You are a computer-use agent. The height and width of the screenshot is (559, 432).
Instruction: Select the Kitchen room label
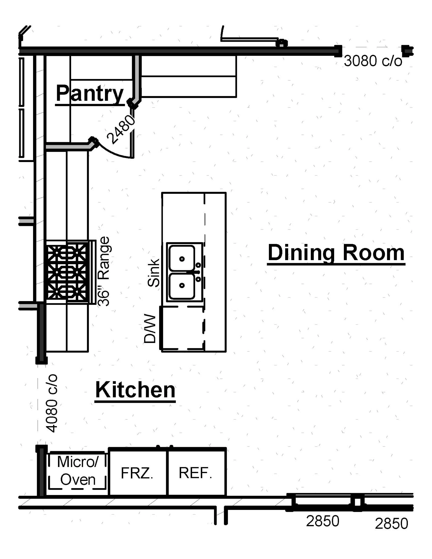point(135,390)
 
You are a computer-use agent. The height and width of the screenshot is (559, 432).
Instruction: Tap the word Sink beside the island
point(154,273)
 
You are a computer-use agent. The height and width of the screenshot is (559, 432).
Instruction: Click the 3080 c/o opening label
point(373,61)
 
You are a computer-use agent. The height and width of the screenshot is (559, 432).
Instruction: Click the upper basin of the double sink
point(182,258)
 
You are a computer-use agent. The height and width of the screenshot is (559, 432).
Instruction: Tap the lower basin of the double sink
point(182,286)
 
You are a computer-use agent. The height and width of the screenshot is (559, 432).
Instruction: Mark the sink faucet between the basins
point(197,272)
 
